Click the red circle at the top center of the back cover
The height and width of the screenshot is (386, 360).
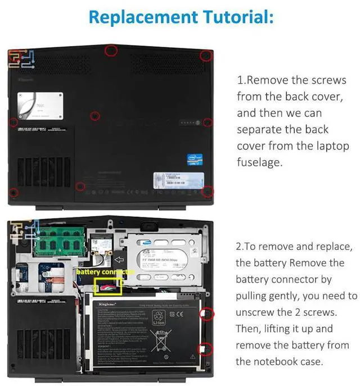[111, 51]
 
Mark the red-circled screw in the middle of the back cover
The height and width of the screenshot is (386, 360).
[95, 116]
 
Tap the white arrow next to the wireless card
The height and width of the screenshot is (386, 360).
[119, 260]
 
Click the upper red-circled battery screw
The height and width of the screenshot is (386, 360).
[206, 314]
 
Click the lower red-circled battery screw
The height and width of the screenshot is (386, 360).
[206, 348]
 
